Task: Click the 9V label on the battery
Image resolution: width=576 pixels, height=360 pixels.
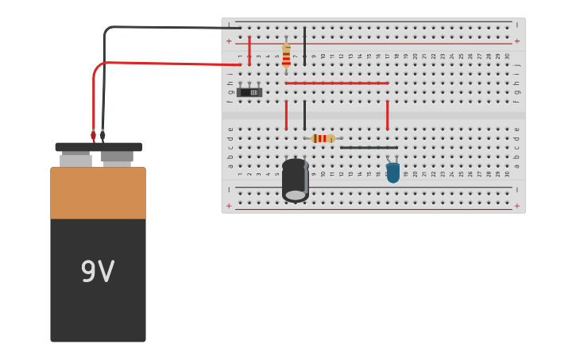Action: [x=98, y=272]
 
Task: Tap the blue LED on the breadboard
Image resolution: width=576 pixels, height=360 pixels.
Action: [x=392, y=172]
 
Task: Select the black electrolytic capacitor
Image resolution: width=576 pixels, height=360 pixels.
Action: [x=295, y=180]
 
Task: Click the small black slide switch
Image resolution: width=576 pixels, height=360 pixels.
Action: [x=249, y=92]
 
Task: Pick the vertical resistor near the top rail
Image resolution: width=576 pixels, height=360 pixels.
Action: [x=286, y=56]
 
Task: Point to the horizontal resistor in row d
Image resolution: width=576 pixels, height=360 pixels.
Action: [x=323, y=138]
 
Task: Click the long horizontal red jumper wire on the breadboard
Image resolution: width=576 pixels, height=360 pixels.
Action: [x=337, y=83]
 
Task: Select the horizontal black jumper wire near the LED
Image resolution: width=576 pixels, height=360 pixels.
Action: [x=369, y=147]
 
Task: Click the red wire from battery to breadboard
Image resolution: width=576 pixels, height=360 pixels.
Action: [x=159, y=62]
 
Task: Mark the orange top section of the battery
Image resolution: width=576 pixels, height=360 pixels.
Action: [x=98, y=193]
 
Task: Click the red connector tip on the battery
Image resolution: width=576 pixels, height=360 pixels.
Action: [x=93, y=136]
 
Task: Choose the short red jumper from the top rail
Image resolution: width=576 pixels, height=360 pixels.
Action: [x=249, y=49]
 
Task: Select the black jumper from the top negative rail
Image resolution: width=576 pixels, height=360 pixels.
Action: [x=304, y=45]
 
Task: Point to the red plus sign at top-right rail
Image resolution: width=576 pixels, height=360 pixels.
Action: [x=516, y=41]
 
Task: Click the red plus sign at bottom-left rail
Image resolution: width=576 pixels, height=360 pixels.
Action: [x=229, y=206]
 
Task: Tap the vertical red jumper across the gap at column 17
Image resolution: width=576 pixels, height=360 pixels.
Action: [x=387, y=115]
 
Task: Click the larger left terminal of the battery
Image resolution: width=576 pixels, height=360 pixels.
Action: [x=75, y=160]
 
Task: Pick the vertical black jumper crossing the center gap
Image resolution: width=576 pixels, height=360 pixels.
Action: [x=304, y=115]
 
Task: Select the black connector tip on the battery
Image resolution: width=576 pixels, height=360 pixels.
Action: [x=102, y=136]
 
